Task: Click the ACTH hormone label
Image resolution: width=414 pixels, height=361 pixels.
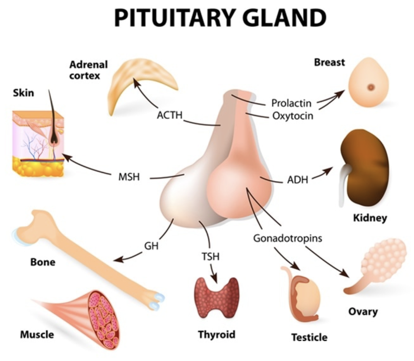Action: pyautogui.click(x=170, y=115)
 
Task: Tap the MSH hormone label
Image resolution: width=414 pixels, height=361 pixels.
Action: pyautogui.click(x=129, y=177)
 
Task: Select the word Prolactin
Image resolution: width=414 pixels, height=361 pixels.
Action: pyautogui.click(x=291, y=103)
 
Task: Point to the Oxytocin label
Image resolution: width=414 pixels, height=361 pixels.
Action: pyautogui.click(x=293, y=116)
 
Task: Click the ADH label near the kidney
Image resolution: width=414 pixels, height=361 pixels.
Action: pyautogui.click(x=297, y=180)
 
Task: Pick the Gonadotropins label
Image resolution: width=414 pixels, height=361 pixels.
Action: pyautogui.click(x=288, y=238)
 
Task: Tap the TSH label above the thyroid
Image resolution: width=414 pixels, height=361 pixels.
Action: pyautogui.click(x=210, y=256)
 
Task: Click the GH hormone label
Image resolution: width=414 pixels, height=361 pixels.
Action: pyautogui.click(x=151, y=246)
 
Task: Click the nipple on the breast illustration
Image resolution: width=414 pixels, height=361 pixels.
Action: pyautogui.click(x=371, y=87)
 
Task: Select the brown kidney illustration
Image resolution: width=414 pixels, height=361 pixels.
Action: pyautogui.click(x=364, y=168)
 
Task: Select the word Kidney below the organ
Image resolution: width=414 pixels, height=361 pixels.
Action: pyautogui.click(x=370, y=218)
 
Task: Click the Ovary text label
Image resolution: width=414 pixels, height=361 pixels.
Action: pyautogui.click(x=363, y=312)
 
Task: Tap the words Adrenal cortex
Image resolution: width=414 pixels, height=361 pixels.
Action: pyautogui.click(x=88, y=70)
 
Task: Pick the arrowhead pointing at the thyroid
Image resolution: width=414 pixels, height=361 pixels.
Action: pyautogui.click(x=214, y=279)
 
